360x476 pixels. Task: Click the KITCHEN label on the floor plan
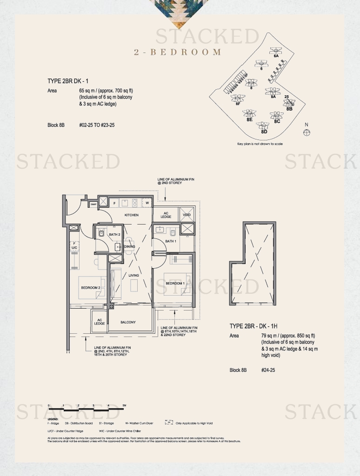click(x=132, y=215)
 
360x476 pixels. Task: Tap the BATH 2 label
click(x=114, y=235)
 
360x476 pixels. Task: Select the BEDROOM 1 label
click(x=175, y=283)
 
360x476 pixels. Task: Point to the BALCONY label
click(x=128, y=322)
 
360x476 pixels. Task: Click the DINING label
click(x=130, y=246)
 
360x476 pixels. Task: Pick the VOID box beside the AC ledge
click(x=187, y=215)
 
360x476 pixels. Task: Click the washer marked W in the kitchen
click(x=147, y=203)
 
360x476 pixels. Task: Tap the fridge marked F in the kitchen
click(x=114, y=203)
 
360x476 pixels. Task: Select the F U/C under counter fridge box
click(x=74, y=246)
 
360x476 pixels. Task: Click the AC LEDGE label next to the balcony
click(x=99, y=322)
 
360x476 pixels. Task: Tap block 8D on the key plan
click(x=264, y=132)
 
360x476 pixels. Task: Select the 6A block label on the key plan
click(x=276, y=56)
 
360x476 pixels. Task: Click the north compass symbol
click(x=306, y=132)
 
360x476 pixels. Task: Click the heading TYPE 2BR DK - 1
click(x=68, y=81)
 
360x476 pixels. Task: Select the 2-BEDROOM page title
click(x=178, y=52)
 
